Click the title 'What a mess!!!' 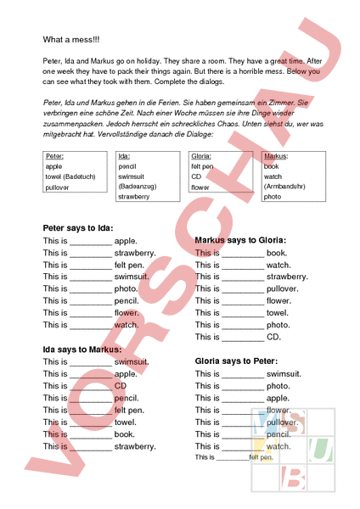[71, 40]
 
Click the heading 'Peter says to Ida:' [77, 228]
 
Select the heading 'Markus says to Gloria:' [240, 240]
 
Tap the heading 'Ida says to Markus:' [82, 350]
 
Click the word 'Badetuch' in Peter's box [83, 176]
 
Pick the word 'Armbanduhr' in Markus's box [284, 187]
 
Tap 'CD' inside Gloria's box [196, 176]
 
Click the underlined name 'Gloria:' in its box [201, 157]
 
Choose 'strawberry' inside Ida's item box [134, 197]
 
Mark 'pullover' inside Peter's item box [58, 187]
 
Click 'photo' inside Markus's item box [273, 197]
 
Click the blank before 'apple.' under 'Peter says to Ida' [90, 242]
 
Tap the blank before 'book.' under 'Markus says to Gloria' [243, 254]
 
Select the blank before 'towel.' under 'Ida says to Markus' [90, 422]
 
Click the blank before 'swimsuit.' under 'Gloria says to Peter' [243, 374]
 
